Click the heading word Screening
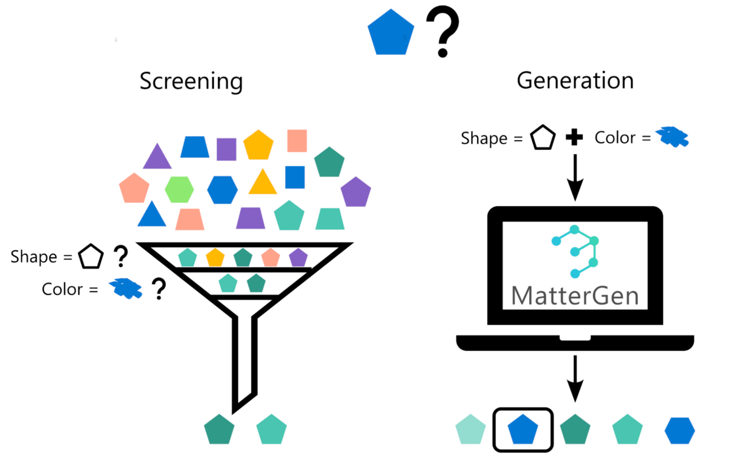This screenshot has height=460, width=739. coord(191,82)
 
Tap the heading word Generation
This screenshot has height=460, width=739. coord(575,81)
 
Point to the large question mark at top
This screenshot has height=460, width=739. coord(442,35)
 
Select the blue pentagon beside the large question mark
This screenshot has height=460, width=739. coord(391,33)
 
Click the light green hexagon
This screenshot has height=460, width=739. coord(180,189)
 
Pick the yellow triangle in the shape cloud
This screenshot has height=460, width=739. coord(263,183)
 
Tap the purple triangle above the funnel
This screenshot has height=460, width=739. coord(157,157)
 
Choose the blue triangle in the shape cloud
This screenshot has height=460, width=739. coord(152,215)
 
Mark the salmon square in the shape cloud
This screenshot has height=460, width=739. coord(297,141)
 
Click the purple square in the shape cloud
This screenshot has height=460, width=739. coord(227,149)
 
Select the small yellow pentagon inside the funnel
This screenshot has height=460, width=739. coord(215,257)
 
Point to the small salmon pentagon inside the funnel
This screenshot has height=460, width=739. coord(270,258)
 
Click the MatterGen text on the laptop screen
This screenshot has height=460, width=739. coord(575,295)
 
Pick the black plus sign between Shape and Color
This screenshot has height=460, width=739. coord(574,138)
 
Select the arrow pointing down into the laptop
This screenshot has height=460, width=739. coord(575,178)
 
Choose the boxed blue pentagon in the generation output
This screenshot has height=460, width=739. coord(523,429)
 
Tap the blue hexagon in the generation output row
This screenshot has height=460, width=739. coord(680,430)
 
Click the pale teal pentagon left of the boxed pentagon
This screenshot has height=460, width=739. coord(471,430)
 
